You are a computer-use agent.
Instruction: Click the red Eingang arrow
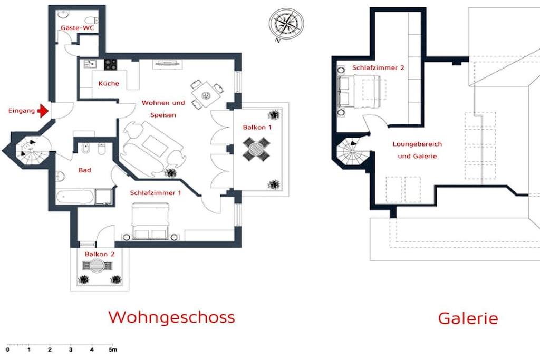point(43,111)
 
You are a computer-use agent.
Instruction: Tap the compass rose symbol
point(286,24)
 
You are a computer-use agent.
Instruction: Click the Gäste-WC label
point(77,28)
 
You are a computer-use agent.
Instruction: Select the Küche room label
point(109,83)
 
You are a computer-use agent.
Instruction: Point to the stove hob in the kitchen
point(111,64)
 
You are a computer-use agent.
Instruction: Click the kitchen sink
point(90,64)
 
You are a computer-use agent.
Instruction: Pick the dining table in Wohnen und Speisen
point(206,95)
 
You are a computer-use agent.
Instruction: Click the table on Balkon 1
point(256,149)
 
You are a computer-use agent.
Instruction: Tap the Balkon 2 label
point(100,254)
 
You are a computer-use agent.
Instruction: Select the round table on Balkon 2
point(98,266)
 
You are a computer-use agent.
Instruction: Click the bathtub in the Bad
point(75,197)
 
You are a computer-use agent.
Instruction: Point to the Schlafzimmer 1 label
point(156,193)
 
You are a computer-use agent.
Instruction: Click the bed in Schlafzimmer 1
point(150,221)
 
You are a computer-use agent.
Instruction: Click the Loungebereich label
point(417,144)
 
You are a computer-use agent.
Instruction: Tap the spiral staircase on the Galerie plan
point(352,151)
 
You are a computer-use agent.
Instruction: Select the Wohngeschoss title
point(171,317)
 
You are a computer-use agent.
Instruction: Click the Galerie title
point(468,318)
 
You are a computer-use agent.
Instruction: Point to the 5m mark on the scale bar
point(113,349)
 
